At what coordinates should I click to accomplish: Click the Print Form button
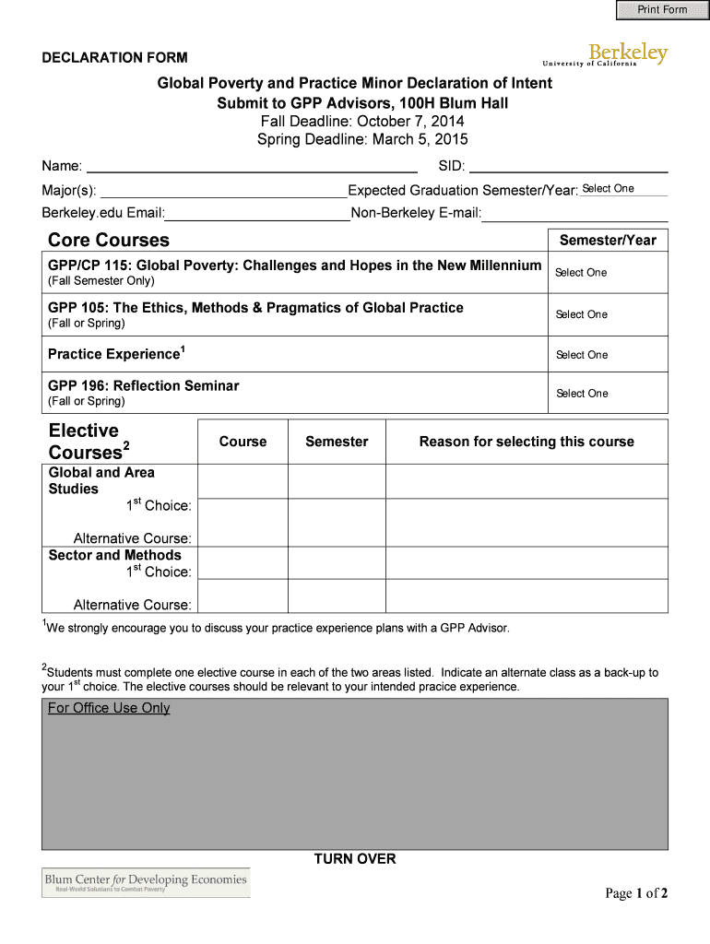click(662, 10)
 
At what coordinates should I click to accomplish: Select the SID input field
click(568, 166)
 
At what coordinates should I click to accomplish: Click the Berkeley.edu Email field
click(257, 214)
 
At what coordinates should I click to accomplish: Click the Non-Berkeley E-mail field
click(575, 214)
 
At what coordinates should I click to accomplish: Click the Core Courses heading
click(109, 241)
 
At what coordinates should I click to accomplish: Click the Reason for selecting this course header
click(527, 442)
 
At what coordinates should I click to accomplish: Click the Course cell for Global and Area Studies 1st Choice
click(243, 481)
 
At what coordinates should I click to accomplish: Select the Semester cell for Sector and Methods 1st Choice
click(337, 563)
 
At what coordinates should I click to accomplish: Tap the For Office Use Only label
click(109, 708)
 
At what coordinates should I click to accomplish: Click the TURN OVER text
click(355, 859)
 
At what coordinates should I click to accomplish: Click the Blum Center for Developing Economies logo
click(146, 882)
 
